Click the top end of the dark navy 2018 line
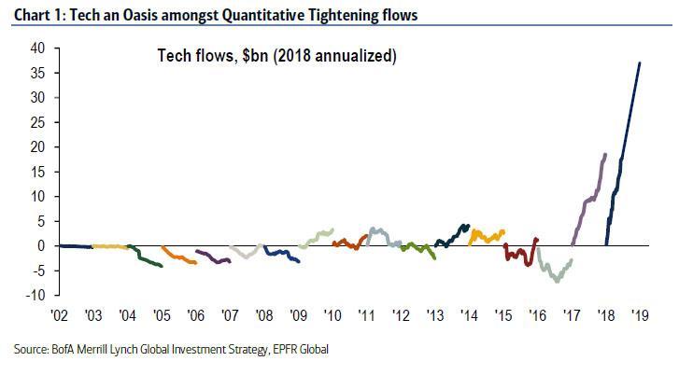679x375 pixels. coord(640,63)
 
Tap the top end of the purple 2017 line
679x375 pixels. coord(605,155)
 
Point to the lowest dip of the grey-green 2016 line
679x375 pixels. coord(557,281)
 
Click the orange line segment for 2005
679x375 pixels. coord(178,257)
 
